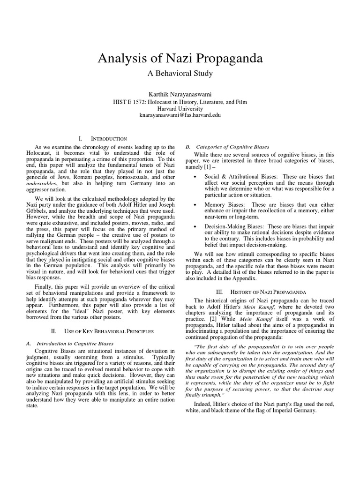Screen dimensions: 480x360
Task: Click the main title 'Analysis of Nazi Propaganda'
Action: (180, 59)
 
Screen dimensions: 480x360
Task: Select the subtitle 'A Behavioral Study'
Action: (180, 74)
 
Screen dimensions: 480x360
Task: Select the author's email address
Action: (180, 115)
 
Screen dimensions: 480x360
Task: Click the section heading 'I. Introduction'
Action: (103, 139)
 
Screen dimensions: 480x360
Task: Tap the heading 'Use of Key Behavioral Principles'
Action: (103, 331)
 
